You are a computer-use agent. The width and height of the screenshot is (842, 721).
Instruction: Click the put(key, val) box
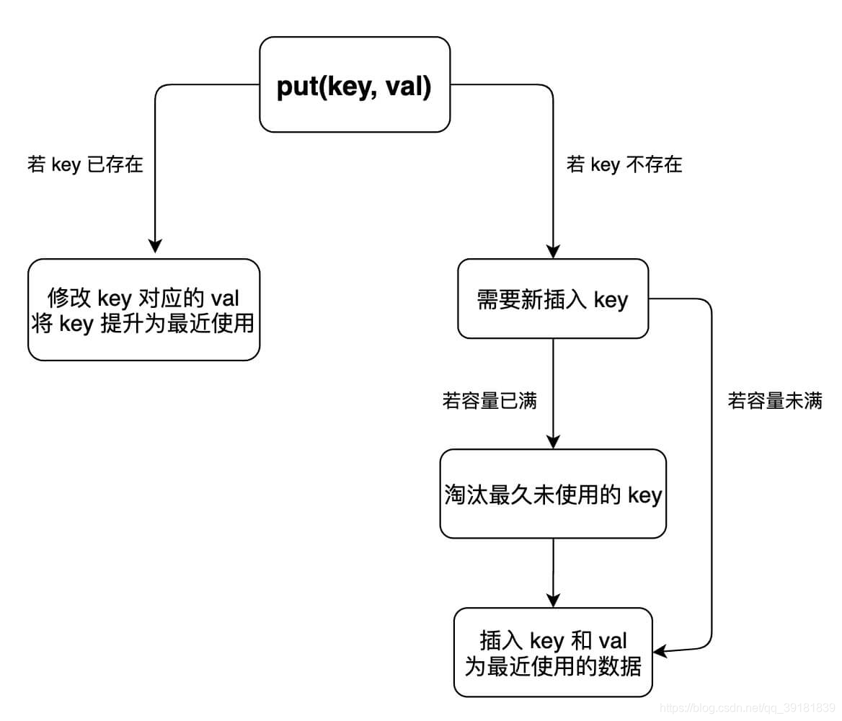pyautogui.click(x=355, y=85)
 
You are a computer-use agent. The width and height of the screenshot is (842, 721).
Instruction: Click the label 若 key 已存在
pyautogui.click(x=85, y=164)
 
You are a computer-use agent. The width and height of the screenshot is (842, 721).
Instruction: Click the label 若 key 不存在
pyautogui.click(x=624, y=164)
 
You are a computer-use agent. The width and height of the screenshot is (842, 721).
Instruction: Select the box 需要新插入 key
pyautogui.click(x=553, y=299)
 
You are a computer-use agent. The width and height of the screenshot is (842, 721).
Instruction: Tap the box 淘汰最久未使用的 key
pyautogui.click(x=553, y=495)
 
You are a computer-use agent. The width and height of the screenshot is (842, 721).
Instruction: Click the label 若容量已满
pyautogui.click(x=489, y=401)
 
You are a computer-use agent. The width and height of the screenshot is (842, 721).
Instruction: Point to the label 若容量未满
pyautogui.click(x=775, y=401)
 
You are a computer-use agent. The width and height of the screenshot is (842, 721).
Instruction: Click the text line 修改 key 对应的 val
pyautogui.click(x=143, y=297)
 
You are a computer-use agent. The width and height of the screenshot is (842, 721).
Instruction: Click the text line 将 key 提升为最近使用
pyautogui.click(x=143, y=323)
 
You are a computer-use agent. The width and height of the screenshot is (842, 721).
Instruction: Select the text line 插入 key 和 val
pyautogui.click(x=553, y=640)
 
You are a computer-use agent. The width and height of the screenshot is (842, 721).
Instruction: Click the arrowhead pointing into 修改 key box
pyautogui.click(x=155, y=247)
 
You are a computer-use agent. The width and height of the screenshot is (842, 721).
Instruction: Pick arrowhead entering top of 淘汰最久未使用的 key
pyautogui.click(x=553, y=441)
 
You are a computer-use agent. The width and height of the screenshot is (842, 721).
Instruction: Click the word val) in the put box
pyautogui.click(x=407, y=87)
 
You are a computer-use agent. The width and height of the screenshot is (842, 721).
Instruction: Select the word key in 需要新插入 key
pyautogui.click(x=611, y=300)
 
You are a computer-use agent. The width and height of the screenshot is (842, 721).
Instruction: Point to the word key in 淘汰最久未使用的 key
pyautogui.click(x=644, y=495)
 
